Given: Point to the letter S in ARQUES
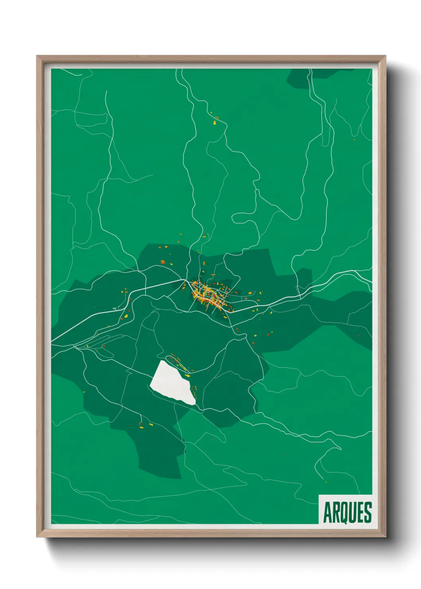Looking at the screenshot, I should pyautogui.click(x=368, y=513).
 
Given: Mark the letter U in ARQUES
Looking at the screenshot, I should pyautogui.click(x=352, y=513).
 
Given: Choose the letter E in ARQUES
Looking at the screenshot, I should pyautogui.click(x=360, y=513).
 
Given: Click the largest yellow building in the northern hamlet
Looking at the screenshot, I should pyautogui.click(x=214, y=123).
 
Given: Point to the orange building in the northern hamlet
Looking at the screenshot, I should pyautogui.click(x=217, y=117).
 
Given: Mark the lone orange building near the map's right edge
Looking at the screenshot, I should pyautogui.click(x=354, y=139).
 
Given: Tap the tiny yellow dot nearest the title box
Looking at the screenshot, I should pyautogui.click(x=326, y=482).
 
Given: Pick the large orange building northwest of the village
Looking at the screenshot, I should pyautogui.click(x=162, y=261).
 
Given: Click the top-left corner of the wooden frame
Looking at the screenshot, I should pyautogui.click(x=37, y=56).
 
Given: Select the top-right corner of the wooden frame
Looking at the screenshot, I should pyautogui.click(x=386, y=56).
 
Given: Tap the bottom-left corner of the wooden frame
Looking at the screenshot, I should pyautogui.click(x=37, y=537).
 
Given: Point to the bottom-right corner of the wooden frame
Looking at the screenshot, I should pyautogui.click(x=386, y=537).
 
